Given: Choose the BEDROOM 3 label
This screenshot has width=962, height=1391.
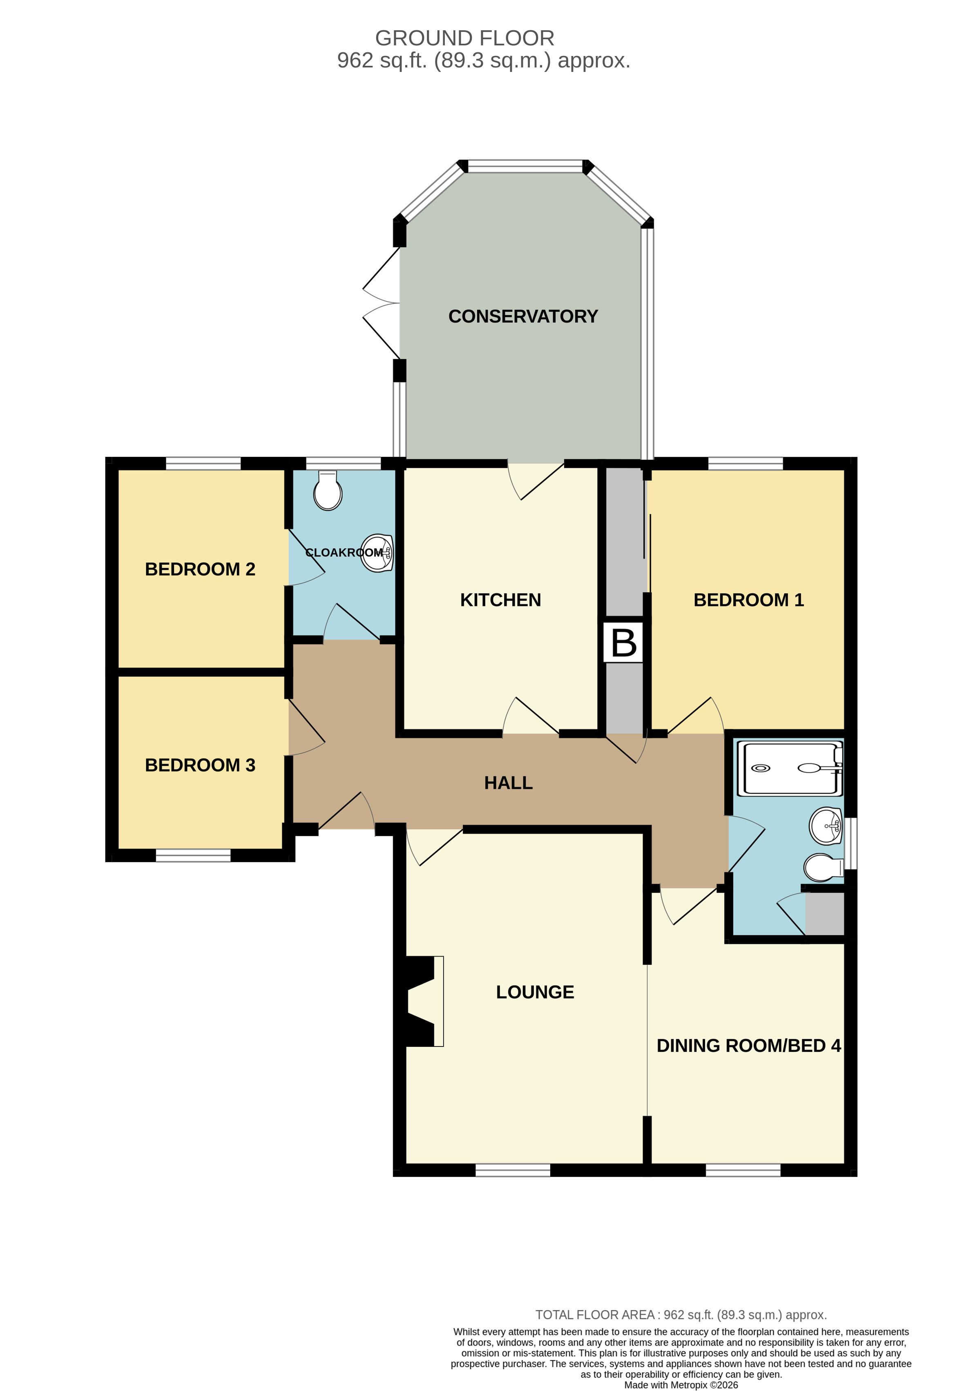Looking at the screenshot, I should tap(200, 765).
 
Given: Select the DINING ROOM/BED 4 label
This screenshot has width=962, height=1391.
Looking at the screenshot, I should tap(749, 1046).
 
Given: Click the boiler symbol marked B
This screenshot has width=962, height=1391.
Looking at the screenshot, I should tap(624, 643).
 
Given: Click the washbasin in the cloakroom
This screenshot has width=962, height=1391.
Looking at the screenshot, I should tap(377, 552).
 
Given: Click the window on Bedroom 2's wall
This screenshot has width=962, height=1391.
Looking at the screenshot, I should tap(203, 463).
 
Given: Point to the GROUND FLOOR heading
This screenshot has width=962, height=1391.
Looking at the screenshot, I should tap(464, 38).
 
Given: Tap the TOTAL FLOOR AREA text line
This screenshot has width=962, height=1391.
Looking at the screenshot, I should tap(681, 1315).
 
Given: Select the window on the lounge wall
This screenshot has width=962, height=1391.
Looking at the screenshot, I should tap(513, 1170).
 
